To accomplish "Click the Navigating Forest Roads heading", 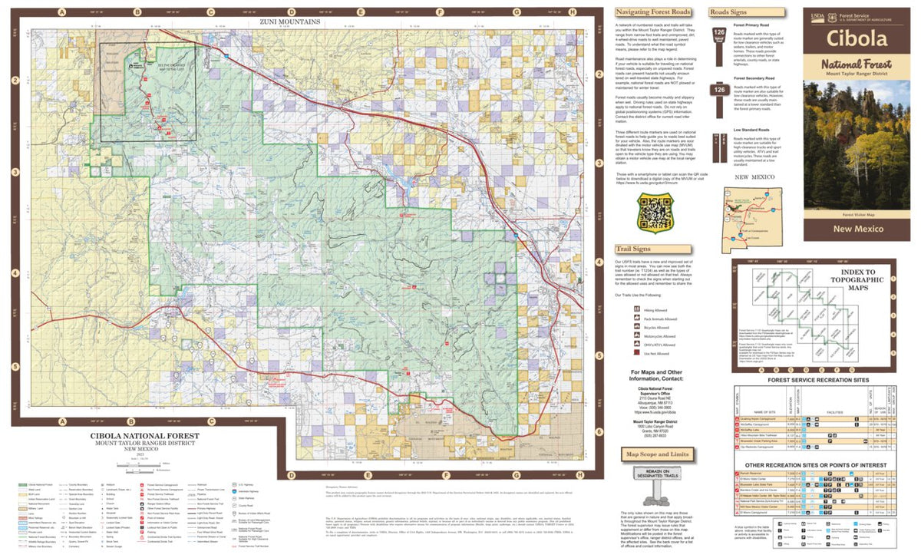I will click(x=653, y=13).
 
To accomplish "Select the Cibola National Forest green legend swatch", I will click(x=23, y=486).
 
